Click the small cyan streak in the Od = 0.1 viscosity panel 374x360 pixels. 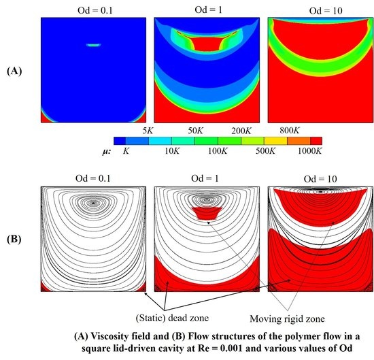pyautogui.click(x=93, y=45)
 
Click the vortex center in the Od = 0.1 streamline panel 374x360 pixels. pyautogui.click(x=93, y=202)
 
